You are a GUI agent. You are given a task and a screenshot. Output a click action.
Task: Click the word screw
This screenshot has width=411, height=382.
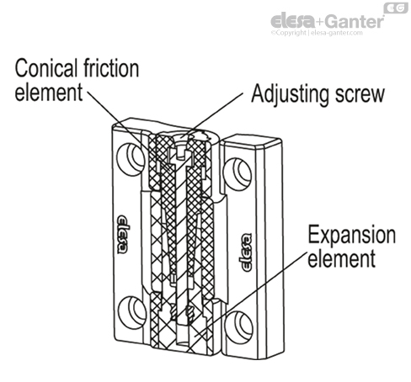click(359, 92)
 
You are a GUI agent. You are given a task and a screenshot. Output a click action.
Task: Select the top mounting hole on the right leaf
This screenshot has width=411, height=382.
click(245, 171)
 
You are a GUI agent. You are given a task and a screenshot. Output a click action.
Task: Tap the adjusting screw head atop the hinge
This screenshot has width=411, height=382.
click(180, 144)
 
